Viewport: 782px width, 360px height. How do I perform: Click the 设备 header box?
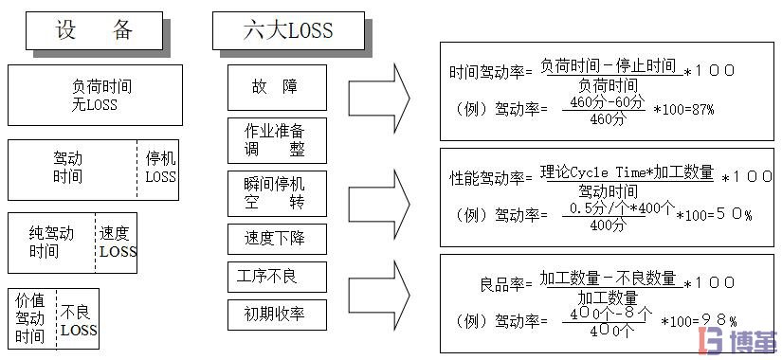coord(95,30)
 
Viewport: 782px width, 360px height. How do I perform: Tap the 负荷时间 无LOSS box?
coord(95,96)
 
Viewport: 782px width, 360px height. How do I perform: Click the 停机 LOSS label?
coord(160,168)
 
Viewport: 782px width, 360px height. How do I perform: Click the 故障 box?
coord(276,87)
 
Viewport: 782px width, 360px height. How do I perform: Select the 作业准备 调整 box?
coord(277,140)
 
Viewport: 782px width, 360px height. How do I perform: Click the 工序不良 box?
coord(277,277)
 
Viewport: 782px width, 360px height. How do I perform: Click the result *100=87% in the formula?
coord(683,110)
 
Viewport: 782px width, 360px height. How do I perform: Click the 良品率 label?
coord(507,283)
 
